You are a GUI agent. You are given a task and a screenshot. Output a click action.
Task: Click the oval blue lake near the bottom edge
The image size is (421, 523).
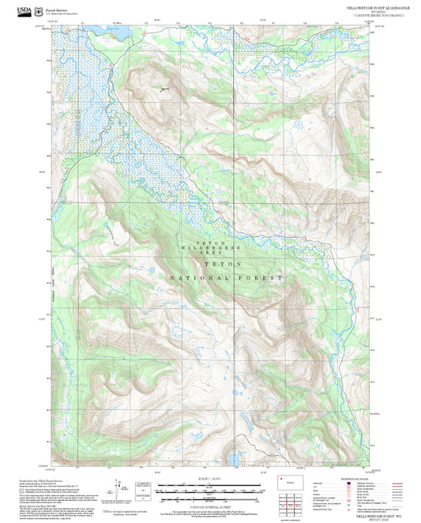[x=235, y=457]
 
